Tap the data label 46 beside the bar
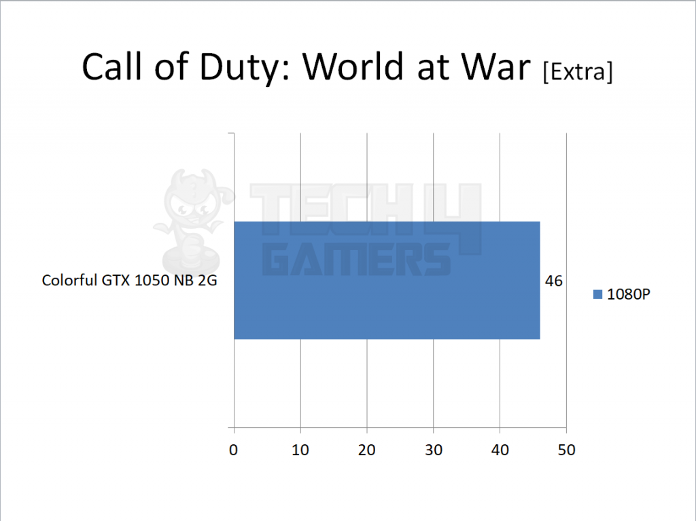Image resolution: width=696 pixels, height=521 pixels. click(554, 281)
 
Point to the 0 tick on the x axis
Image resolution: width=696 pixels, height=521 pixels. click(234, 450)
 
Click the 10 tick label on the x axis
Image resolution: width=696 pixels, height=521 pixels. click(300, 450)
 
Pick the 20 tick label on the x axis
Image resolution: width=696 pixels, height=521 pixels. click(367, 450)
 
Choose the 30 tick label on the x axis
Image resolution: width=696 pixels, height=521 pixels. click(434, 450)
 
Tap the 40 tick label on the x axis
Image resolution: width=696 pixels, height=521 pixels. click(500, 450)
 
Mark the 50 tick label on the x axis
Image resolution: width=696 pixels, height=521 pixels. click(566, 450)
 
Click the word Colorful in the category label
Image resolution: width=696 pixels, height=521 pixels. click(65, 281)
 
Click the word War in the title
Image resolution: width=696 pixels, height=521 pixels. click(500, 68)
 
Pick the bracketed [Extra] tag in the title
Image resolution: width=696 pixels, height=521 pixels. click(577, 71)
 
